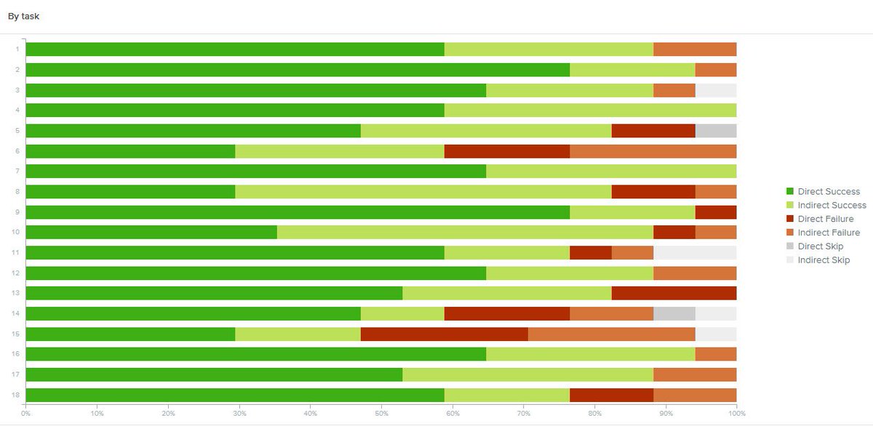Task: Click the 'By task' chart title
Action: point(24,16)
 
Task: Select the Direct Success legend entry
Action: point(828,191)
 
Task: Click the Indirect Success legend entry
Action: point(832,205)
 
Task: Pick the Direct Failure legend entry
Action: point(825,219)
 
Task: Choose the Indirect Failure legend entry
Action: point(829,233)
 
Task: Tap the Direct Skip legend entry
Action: point(820,246)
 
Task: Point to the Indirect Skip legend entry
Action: point(823,260)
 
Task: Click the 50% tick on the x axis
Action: point(381,414)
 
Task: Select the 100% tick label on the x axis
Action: point(736,414)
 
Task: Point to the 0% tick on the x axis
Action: point(25,414)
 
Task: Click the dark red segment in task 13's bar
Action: point(674,293)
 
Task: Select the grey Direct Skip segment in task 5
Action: point(716,131)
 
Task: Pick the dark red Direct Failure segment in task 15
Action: point(444,334)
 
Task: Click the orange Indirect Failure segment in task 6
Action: point(653,151)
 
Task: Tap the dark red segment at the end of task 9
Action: point(716,212)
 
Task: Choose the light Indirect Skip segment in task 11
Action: point(695,252)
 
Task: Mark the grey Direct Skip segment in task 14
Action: point(674,313)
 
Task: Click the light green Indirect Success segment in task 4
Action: point(590,110)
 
